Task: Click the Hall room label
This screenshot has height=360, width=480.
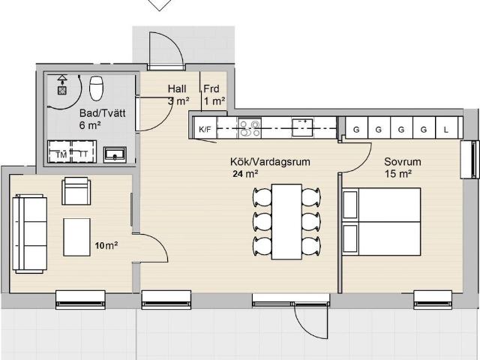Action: click(177, 88)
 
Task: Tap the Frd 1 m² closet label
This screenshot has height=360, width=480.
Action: click(214, 95)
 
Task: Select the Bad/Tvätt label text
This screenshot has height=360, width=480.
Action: click(102, 113)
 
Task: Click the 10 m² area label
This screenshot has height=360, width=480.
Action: click(106, 245)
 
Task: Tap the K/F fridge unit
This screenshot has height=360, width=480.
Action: click(205, 129)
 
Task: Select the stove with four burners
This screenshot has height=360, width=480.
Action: click(250, 128)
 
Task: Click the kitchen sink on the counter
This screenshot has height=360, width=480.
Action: click(302, 127)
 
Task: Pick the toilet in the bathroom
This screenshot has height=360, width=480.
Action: click(96, 88)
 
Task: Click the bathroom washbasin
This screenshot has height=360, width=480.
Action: click(115, 154)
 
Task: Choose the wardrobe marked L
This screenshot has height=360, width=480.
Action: click(446, 128)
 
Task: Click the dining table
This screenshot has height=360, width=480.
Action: click(286, 222)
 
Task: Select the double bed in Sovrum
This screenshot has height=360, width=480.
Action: click(382, 222)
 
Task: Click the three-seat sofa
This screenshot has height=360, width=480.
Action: click(29, 233)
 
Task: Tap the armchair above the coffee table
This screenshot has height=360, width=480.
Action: click(76, 191)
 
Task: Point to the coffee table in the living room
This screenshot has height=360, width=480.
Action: click(76, 237)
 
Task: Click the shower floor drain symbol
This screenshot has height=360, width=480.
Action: click(62, 90)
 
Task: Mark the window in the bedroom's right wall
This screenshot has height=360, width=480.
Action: click(470, 160)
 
